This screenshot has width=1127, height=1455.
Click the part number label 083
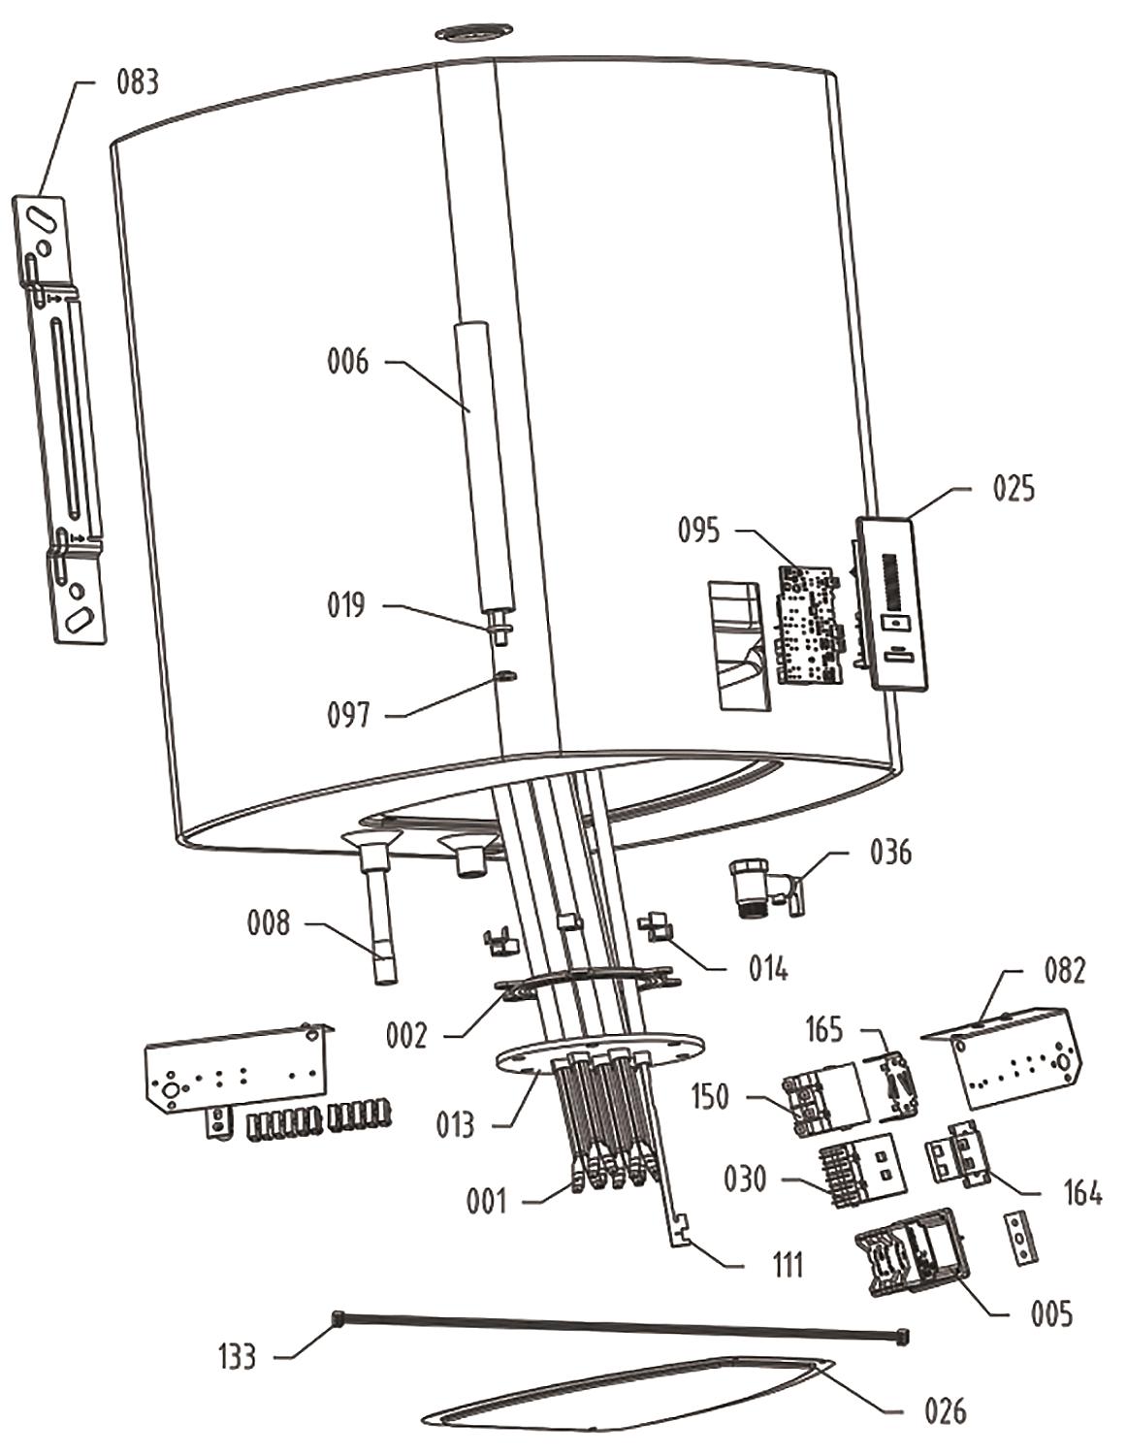tap(137, 82)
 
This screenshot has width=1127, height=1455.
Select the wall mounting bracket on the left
tap(60, 417)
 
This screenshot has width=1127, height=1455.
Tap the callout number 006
tap(347, 362)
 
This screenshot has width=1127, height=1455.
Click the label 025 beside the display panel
tap(1013, 488)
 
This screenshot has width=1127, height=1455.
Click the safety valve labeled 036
tap(761, 884)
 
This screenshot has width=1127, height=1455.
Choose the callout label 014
tap(767, 967)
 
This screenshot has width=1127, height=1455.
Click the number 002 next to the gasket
tap(405, 1036)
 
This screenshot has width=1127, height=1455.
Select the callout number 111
tap(787, 1265)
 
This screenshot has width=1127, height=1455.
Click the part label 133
tap(237, 1355)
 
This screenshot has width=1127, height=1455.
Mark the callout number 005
tap(1051, 1313)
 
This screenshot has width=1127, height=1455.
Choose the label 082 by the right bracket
tap(1064, 969)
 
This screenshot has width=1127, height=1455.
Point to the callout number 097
tap(348, 715)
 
